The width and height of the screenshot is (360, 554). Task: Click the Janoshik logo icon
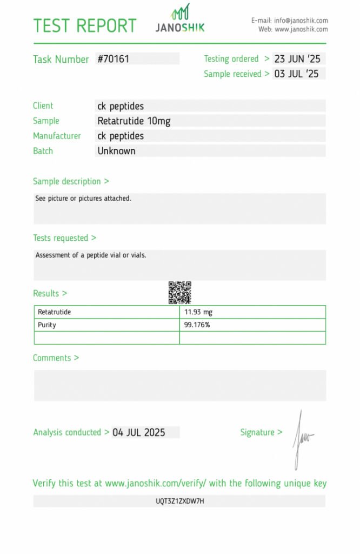[x=181, y=12]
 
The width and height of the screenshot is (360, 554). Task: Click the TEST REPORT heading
[x=85, y=25]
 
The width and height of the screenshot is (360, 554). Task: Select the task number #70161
[x=114, y=58]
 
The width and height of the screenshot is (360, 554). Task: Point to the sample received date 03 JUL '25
[x=296, y=74]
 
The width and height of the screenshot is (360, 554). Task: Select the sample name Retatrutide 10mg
[x=134, y=121]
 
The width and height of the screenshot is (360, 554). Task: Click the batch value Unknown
[x=116, y=151]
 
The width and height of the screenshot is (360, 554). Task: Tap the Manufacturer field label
[x=57, y=136]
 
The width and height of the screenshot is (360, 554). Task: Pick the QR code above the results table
[x=179, y=293]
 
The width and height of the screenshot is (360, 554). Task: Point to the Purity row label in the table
[x=47, y=325]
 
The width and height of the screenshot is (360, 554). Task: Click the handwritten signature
[x=301, y=438]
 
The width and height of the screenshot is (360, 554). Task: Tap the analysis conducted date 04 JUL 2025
[x=138, y=432]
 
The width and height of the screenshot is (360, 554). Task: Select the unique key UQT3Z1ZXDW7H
[x=180, y=502]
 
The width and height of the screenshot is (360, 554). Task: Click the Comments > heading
[x=56, y=358]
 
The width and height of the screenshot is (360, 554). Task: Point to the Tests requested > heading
[x=64, y=238]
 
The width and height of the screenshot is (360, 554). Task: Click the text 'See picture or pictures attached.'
[x=83, y=199]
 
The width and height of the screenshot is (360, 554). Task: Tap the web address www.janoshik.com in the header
[x=301, y=29]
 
